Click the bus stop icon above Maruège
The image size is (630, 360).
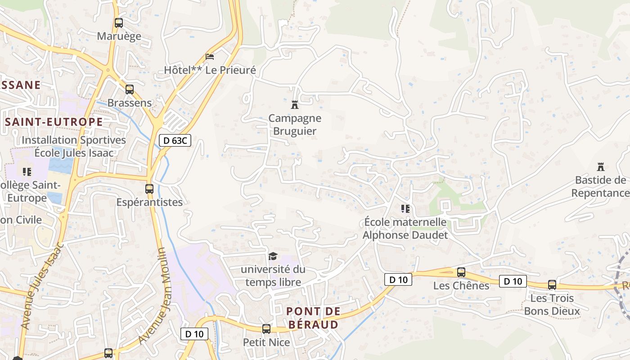click(119, 22)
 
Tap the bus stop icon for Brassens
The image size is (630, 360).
click(130, 89)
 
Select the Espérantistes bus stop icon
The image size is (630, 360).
click(149, 189)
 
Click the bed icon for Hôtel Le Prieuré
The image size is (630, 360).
click(210, 57)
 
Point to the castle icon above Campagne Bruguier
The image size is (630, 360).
click(295, 105)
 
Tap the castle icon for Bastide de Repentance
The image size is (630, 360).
click(600, 167)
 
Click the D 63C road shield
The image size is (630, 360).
click(175, 140)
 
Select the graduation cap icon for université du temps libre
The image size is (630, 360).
click(273, 256)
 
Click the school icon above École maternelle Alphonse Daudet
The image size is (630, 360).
click(405, 208)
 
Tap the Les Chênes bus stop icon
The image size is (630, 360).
click(461, 272)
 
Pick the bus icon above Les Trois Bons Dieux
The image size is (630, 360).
click(552, 284)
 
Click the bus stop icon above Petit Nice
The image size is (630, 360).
click(266, 328)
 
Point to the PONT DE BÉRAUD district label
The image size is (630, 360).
click(313, 318)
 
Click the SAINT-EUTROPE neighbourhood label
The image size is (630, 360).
click(54, 122)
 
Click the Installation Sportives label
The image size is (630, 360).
click(74, 140)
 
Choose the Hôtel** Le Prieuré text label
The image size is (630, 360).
click(210, 70)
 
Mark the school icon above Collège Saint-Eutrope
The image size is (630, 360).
click(27, 171)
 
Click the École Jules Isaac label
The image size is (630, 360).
click(74, 153)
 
